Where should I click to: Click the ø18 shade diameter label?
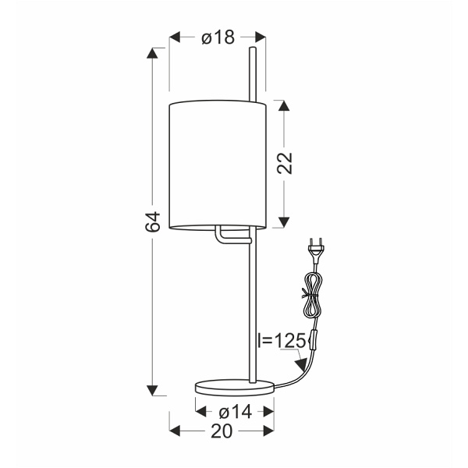[x=218, y=37]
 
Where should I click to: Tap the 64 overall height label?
[x=153, y=222]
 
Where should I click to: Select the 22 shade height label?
[x=285, y=163]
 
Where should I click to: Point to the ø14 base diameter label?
[x=235, y=412]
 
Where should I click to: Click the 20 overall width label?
[x=222, y=431]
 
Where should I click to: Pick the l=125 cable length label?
[x=282, y=340]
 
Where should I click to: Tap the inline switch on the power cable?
[x=314, y=339]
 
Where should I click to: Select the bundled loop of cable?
[x=311, y=296]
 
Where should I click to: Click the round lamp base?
[x=235, y=388]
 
